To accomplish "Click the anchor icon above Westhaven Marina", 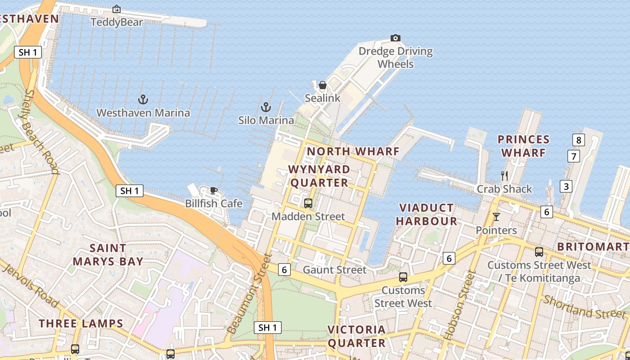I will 143,99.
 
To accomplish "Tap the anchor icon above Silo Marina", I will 266,107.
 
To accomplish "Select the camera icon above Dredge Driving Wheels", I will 396,38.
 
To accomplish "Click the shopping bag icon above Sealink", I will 323,85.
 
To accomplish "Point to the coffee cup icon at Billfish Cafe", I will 214,190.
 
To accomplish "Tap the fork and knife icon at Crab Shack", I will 504,175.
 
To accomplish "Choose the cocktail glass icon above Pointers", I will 496,217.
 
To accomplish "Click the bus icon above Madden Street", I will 308,203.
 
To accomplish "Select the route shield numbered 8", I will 579,140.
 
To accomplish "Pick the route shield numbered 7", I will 573,157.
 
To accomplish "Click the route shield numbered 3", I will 566,186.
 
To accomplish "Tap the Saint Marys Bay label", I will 108,255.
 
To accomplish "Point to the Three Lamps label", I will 81,324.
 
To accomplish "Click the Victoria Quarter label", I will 356,336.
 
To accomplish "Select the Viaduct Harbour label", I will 427,214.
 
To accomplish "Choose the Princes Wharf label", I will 524,146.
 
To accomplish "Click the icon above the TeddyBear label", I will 117,9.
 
